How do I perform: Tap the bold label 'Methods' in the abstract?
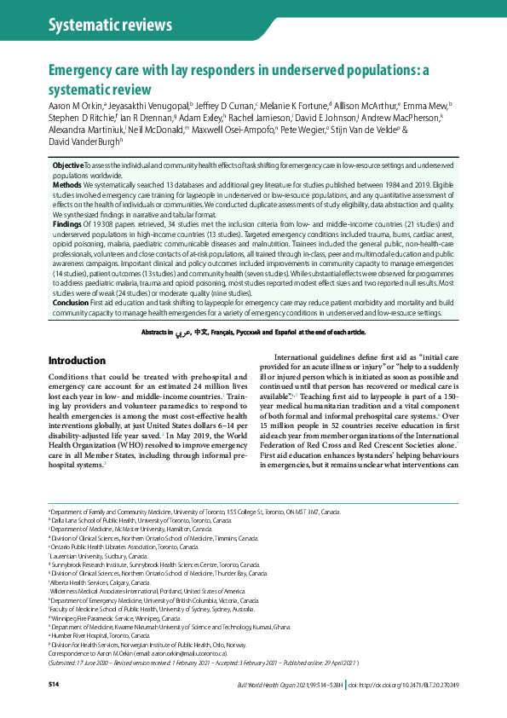(67, 184)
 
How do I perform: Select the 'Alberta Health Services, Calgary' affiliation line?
(101, 582)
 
